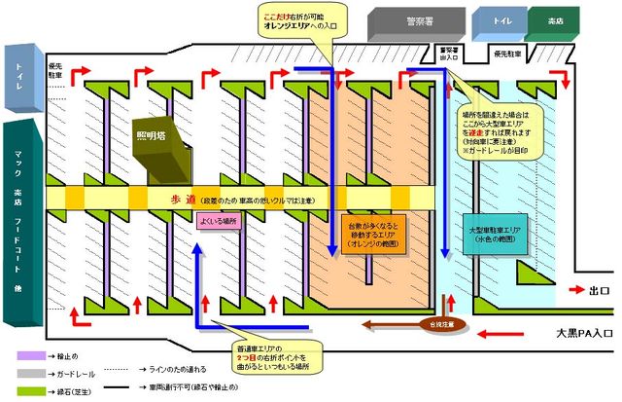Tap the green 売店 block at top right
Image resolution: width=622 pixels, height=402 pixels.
[x=554, y=20]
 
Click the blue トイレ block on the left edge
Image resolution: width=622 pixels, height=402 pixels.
[x=20, y=74]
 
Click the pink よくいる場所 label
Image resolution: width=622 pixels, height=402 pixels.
[x=217, y=220]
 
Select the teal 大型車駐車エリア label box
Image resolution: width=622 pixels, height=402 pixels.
[x=497, y=235]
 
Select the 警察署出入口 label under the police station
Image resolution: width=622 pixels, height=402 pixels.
[x=448, y=54]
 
